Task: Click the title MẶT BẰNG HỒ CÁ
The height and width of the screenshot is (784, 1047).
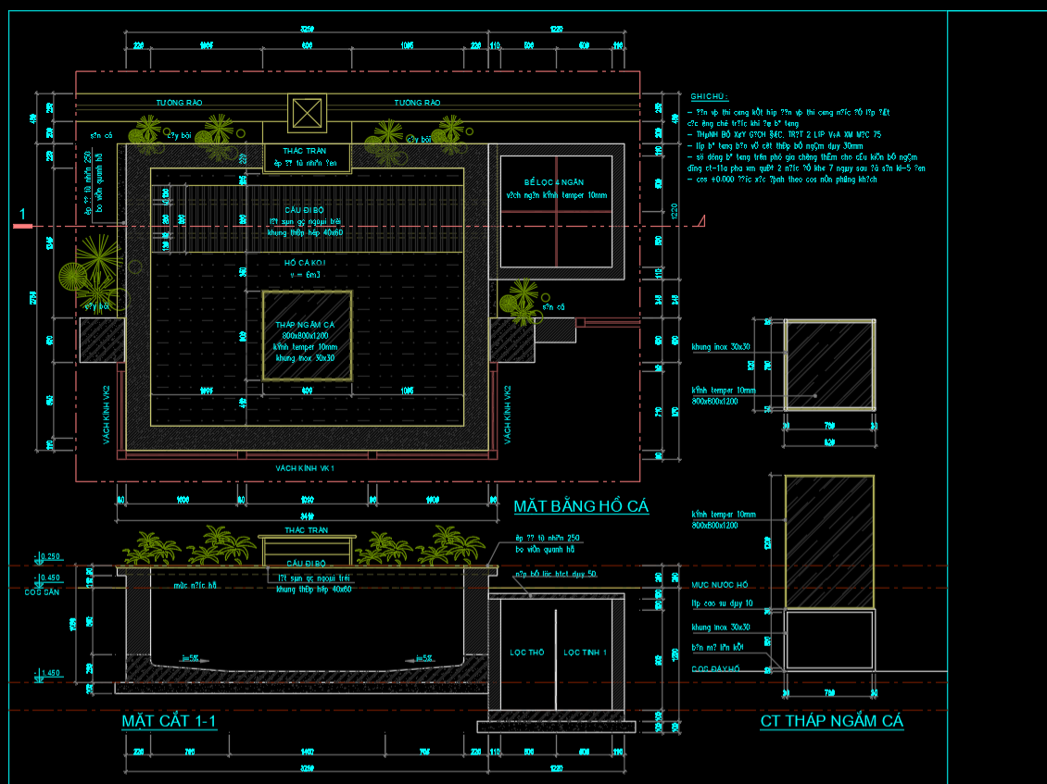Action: coord(581,506)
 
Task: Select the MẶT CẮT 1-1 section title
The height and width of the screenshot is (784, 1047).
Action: coord(169,721)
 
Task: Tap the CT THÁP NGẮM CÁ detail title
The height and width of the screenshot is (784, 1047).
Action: coord(832,721)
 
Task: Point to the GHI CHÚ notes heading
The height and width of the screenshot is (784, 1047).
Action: coord(709,96)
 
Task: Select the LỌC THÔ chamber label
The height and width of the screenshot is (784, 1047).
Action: coord(527,653)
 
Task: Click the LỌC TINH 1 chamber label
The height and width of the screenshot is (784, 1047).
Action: coord(586,653)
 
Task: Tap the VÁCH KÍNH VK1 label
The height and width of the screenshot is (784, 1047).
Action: coord(304,468)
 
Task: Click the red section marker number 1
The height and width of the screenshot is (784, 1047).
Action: coord(22,216)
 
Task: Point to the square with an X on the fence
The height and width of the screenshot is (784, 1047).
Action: coord(306,114)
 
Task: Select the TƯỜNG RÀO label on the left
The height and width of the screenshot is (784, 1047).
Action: coord(180,103)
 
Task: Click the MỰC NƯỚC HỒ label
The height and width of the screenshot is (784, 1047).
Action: coord(719,585)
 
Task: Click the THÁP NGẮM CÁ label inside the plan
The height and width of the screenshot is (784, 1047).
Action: coord(306,325)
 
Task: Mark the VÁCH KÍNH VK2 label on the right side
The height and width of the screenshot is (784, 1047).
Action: coord(508,414)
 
